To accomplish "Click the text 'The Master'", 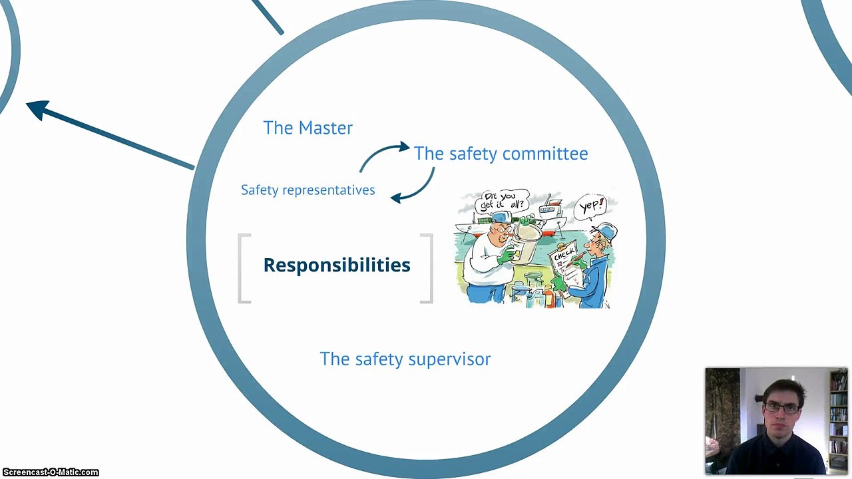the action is point(308,128).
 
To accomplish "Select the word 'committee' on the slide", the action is point(545,154).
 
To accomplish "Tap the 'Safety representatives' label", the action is point(308,190).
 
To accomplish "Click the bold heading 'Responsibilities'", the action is point(337,265).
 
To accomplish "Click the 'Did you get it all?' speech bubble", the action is point(502,202).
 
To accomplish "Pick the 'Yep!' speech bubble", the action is point(590,207).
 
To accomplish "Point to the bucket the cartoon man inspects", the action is point(527,243).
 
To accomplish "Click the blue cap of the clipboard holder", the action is point(604,231).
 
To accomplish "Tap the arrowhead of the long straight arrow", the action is point(37,109).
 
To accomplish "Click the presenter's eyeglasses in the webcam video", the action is point(781,408).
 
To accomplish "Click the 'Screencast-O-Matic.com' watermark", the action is point(50,472).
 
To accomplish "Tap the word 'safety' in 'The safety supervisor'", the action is point(379,359).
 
